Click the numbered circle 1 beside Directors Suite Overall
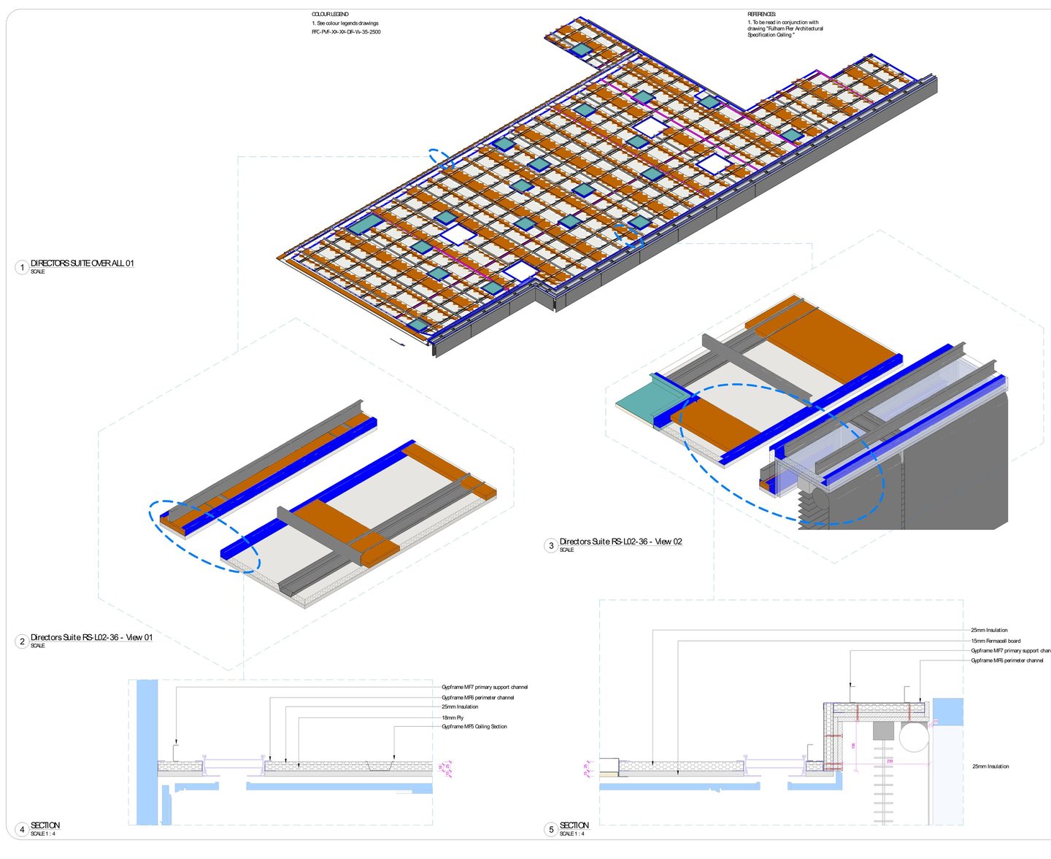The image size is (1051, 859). pyautogui.click(x=22, y=267)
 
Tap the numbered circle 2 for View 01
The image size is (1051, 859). pyautogui.click(x=22, y=642)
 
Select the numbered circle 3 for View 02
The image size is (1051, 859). pyautogui.click(x=551, y=546)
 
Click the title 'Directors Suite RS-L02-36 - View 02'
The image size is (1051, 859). pyautogui.click(x=620, y=542)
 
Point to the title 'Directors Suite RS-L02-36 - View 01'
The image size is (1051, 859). pyautogui.click(x=91, y=637)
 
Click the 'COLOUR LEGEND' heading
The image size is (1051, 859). pyautogui.click(x=330, y=15)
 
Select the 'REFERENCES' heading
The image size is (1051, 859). pyautogui.click(x=761, y=15)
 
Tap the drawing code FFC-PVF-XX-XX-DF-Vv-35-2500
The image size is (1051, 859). pyautogui.click(x=346, y=32)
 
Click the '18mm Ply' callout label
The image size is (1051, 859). pyautogui.click(x=453, y=717)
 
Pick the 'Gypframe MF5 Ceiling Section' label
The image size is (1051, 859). pyautogui.click(x=474, y=726)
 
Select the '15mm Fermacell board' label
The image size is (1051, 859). pyautogui.click(x=996, y=641)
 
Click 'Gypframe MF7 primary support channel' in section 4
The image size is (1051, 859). pyautogui.click(x=484, y=687)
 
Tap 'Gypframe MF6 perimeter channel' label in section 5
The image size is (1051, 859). pyautogui.click(x=1006, y=660)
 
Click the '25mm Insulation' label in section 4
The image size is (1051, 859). pyautogui.click(x=460, y=706)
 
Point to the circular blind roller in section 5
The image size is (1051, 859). pyautogui.click(x=914, y=737)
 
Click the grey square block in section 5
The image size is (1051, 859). pyautogui.click(x=883, y=731)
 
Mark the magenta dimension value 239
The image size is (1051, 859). pyautogui.click(x=889, y=760)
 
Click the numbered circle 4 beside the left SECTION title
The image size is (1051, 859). pyautogui.click(x=22, y=830)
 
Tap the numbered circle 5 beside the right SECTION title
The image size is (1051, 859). pyautogui.click(x=551, y=830)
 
